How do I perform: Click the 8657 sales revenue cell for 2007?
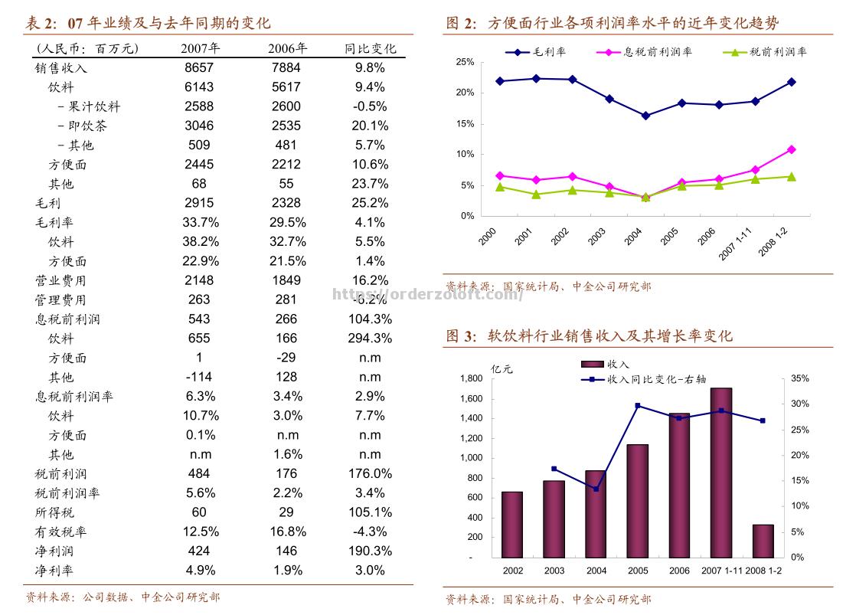pyautogui.click(x=199, y=67)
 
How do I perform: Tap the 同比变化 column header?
pyautogui.click(x=370, y=48)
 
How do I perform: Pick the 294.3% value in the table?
pyautogui.click(x=370, y=338)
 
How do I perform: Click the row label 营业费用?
pyautogui.click(x=60, y=280)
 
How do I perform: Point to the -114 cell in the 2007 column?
pyautogui.click(x=199, y=377)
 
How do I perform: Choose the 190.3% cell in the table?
pyautogui.click(x=370, y=551)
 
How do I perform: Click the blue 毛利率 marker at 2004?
pyautogui.click(x=645, y=116)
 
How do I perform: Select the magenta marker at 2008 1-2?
pyautogui.click(x=792, y=149)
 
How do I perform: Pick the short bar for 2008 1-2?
pyautogui.click(x=763, y=541)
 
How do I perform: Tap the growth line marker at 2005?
pyautogui.click(x=638, y=406)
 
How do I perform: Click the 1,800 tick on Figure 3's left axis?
pyautogui.click(x=471, y=378)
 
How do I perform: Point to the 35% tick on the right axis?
pyautogui.click(x=800, y=378)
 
